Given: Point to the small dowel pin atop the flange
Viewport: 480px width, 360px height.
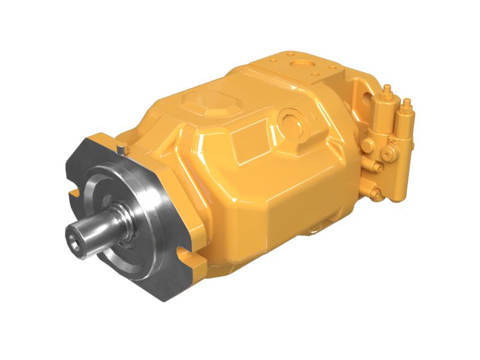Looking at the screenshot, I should (122, 145).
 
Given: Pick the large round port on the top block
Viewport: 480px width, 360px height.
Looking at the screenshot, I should (298, 62).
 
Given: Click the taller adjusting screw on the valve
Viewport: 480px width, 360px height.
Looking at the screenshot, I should (388, 93).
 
